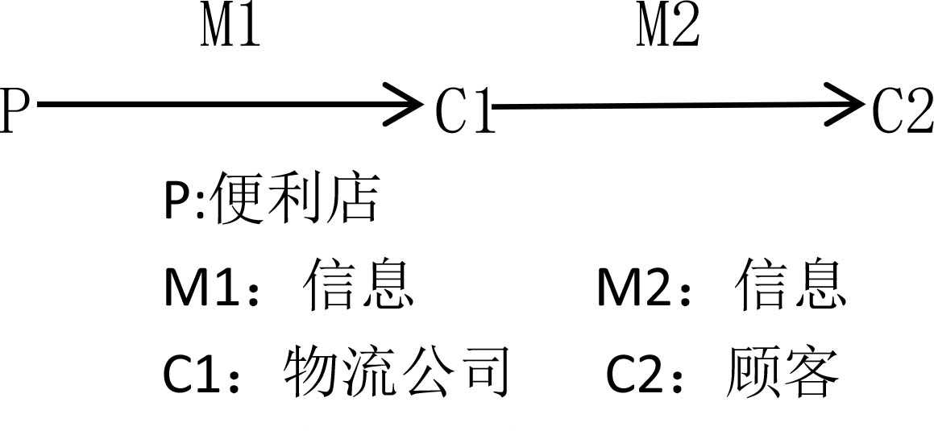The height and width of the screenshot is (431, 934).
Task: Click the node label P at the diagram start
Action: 14,110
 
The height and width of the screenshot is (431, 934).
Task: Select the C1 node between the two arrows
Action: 463,110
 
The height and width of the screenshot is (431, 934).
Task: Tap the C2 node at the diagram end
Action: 901,110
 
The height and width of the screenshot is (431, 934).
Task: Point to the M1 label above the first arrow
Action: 230,27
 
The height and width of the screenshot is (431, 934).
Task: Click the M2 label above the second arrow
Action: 668,27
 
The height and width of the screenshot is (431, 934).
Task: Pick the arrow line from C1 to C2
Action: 669,105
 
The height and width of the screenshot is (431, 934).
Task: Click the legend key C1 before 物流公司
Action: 194,374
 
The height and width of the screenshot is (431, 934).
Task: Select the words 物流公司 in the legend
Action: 396,372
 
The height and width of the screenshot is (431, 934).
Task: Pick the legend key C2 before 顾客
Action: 638,374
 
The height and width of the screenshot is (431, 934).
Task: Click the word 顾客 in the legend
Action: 782,372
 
